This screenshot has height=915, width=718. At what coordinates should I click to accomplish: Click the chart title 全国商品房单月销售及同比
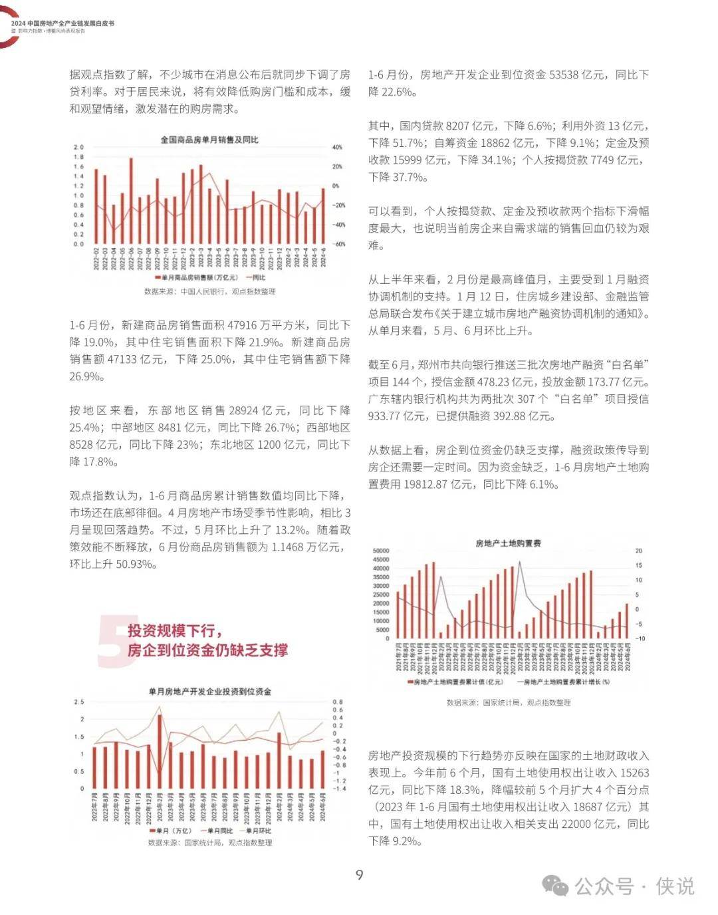click(209, 140)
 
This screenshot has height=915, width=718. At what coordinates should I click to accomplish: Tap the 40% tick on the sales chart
click(337, 148)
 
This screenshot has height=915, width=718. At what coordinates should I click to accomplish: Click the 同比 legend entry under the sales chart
click(256, 277)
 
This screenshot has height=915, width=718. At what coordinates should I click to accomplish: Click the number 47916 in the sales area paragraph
click(246, 325)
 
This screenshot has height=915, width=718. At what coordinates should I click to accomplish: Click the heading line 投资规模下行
click(175, 631)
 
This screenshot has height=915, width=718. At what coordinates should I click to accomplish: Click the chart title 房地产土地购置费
click(508, 543)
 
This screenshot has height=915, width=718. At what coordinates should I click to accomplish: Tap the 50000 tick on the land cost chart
click(381, 551)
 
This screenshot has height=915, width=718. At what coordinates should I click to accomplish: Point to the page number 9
click(359, 874)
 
